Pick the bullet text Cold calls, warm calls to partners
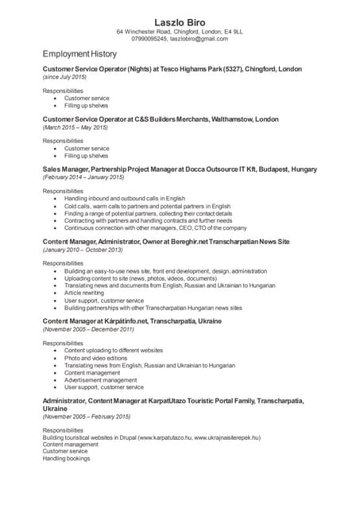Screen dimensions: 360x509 (147, 206)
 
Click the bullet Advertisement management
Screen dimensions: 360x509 (100, 380)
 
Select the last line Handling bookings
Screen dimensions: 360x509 (66, 459)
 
